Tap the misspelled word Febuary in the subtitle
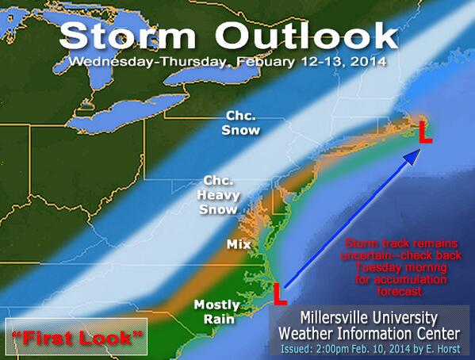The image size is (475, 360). [266, 62]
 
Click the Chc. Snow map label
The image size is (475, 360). [241, 123]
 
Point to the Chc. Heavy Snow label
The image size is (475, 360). [218, 195]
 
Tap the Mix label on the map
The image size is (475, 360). [239, 244]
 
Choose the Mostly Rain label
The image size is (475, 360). [216, 312]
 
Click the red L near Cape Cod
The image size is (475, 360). [425, 132]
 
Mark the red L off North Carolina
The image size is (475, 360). [280, 293]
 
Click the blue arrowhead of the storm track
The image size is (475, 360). [412, 157]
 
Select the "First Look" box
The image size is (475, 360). [76, 336]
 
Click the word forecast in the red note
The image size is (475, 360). [400, 292]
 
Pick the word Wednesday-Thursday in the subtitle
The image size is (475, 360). [147, 62]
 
